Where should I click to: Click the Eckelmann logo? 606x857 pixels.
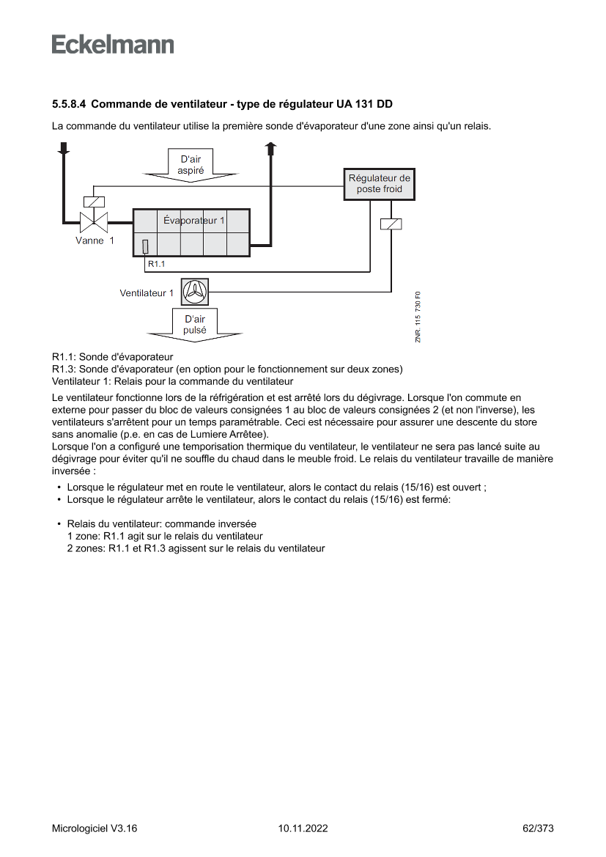[x=113, y=45]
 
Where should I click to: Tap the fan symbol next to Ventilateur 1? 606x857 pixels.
[x=195, y=293]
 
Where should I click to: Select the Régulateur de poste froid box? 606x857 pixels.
[x=379, y=184]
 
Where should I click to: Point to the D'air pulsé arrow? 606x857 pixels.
[x=194, y=325]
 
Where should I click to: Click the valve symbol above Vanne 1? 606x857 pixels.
[x=94, y=219]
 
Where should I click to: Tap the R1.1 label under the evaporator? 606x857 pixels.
[x=156, y=263]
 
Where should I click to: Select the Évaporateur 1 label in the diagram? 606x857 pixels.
[x=193, y=220]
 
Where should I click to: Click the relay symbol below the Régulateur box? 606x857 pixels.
[x=391, y=224]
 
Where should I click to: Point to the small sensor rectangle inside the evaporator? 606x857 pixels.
[x=145, y=246]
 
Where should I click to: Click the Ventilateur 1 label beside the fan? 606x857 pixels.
[x=147, y=293]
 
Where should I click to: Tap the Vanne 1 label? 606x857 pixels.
[x=95, y=240]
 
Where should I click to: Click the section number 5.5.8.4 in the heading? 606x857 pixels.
[x=69, y=103]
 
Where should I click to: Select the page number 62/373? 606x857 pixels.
[x=538, y=828]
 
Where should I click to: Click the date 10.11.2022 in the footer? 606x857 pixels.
[x=303, y=828]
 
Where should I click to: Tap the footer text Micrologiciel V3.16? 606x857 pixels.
[x=95, y=828]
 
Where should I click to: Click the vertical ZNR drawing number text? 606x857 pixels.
[x=418, y=317]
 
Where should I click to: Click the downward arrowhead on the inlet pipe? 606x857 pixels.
[x=64, y=148]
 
